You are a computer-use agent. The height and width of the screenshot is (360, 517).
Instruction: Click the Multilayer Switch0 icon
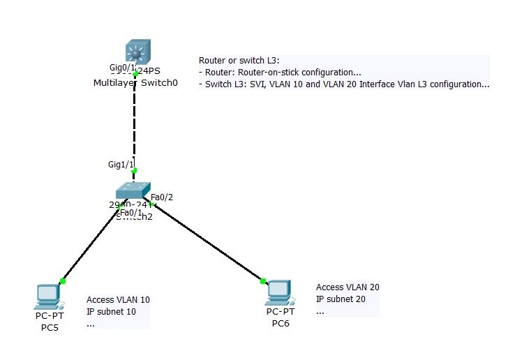tap(135, 52)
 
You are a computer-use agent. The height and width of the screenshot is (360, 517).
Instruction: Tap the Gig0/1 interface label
tap(123, 68)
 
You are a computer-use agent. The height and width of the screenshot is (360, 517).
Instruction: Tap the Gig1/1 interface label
tap(119, 164)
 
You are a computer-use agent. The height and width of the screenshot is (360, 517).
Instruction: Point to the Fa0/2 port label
tap(162, 197)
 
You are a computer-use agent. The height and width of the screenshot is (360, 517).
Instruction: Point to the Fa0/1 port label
tap(131, 213)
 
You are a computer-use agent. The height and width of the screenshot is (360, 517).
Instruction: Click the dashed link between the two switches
tap(135, 122)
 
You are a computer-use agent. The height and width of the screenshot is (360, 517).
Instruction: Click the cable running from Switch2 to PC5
tap(91, 245)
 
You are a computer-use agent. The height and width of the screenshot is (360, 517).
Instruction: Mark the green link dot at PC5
tap(63, 281)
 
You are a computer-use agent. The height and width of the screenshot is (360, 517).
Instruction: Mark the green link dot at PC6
tap(263, 281)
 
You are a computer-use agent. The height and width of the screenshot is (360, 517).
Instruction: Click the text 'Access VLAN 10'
tap(118, 300)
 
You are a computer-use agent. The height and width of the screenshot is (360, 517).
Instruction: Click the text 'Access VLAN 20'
tap(347, 287)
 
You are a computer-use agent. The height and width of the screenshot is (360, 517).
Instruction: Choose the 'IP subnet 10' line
tap(111, 311)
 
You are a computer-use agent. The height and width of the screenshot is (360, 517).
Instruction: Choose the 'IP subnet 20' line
tap(340, 299)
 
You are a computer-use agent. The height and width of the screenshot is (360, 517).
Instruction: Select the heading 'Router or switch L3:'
tap(239, 61)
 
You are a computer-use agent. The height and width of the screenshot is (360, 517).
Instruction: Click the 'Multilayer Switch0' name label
tap(135, 83)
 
